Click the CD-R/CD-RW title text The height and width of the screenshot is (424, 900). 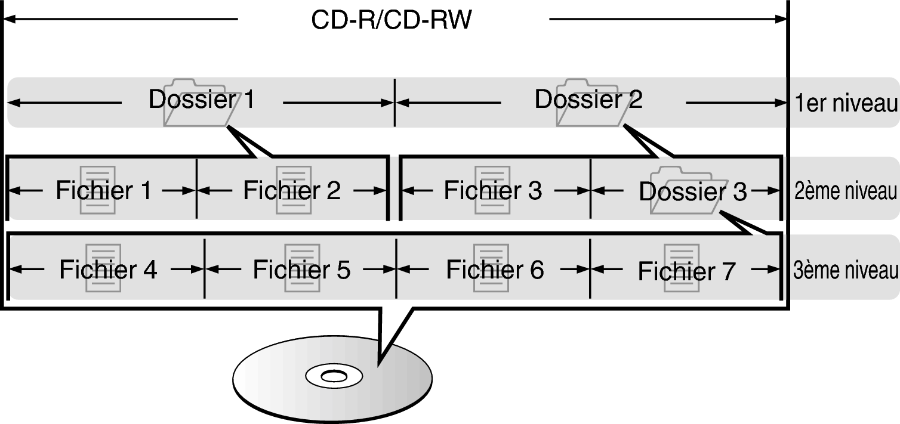click(392, 20)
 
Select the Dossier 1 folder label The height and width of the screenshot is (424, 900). click(201, 100)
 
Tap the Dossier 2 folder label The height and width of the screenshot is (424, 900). click(588, 100)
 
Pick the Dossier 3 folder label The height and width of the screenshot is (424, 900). click(692, 192)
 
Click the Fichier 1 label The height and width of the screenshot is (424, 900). click(103, 190)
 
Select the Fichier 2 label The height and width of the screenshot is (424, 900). click(292, 190)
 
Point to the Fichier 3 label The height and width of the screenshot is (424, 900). click(493, 190)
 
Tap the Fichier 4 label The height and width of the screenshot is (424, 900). click(107, 270)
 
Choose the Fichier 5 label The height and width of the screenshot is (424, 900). click(301, 270)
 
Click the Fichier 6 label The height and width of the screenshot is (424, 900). click(495, 270)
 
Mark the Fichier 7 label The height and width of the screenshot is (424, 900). click(686, 271)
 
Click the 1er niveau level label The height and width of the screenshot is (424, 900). click(846, 104)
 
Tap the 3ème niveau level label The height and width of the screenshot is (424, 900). click(845, 270)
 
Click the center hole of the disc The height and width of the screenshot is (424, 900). click(332, 376)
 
